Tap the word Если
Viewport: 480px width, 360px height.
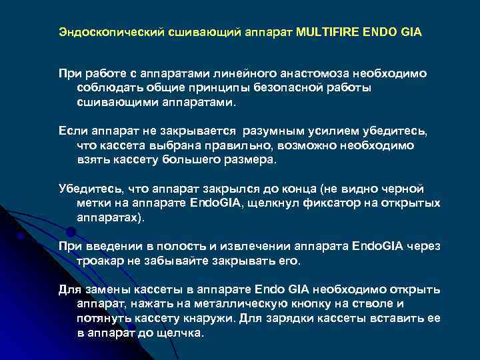pyautogui.click(x=71, y=130)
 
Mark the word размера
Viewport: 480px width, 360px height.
pyautogui.click(x=251, y=160)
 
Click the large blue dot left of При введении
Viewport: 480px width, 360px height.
pyautogui.click(x=71, y=232)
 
